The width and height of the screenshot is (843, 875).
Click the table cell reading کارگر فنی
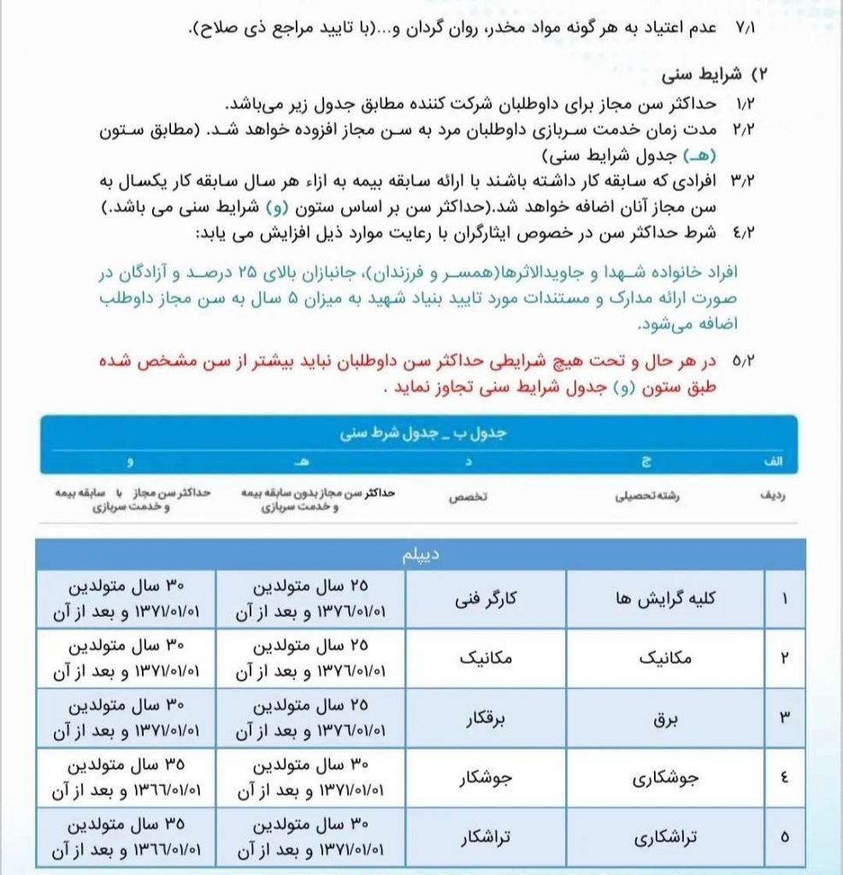coord(486,599)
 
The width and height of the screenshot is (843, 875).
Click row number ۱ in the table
coord(785,599)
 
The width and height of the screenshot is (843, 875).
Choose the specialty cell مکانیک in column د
coord(486,659)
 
